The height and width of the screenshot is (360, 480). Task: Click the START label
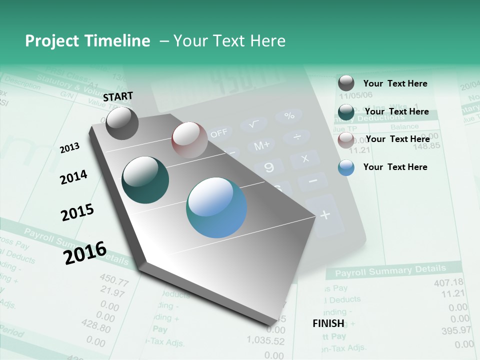[x=118, y=96]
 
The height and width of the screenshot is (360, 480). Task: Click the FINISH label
[x=328, y=323]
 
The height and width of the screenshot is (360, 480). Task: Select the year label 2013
[x=70, y=147]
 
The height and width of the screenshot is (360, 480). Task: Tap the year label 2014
[x=73, y=177]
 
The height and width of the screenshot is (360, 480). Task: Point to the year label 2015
[x=77, y=212]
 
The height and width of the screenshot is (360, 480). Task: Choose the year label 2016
[x=85, y=252]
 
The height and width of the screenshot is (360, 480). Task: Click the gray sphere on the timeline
[x=122, y=123]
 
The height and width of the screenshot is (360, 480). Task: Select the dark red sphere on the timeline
[x=189, y=140]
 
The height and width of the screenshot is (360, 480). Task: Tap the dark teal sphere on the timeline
[x=145, y=180]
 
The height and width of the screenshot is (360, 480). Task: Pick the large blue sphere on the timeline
[x=216, y=207]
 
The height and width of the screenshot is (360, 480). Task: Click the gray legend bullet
[x=346, y=83]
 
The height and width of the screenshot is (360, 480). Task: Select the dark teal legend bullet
[x=346, y=112]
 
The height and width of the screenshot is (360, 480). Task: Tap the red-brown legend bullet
[x=346, y=140]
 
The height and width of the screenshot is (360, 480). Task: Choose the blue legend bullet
[x=346, y=167]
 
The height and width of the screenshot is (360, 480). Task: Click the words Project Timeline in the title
[x=87, y=41]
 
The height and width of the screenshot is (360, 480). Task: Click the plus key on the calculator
[x=325, y=215]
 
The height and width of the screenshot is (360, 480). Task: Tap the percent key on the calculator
[x=289, y=115]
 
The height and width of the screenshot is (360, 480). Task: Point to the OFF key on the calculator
[x=218, y=133]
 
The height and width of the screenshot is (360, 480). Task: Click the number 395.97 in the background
[x=456, y=330]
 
